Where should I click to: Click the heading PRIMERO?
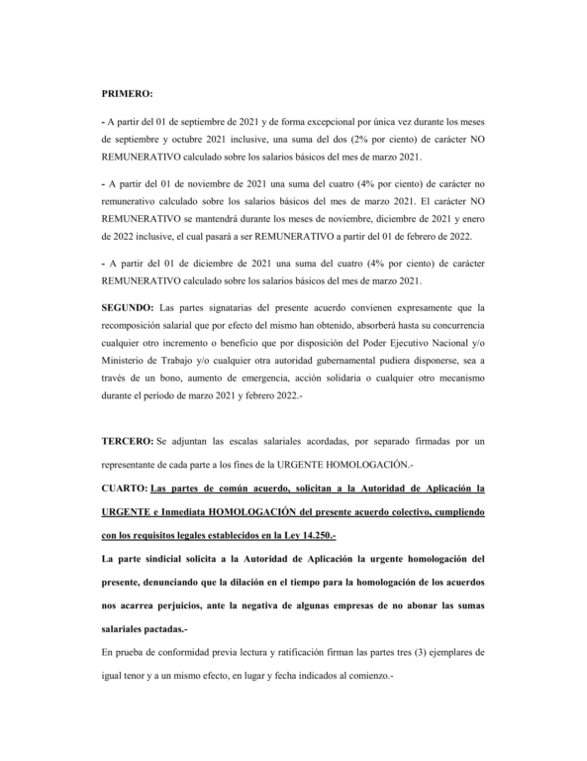(127, 94)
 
